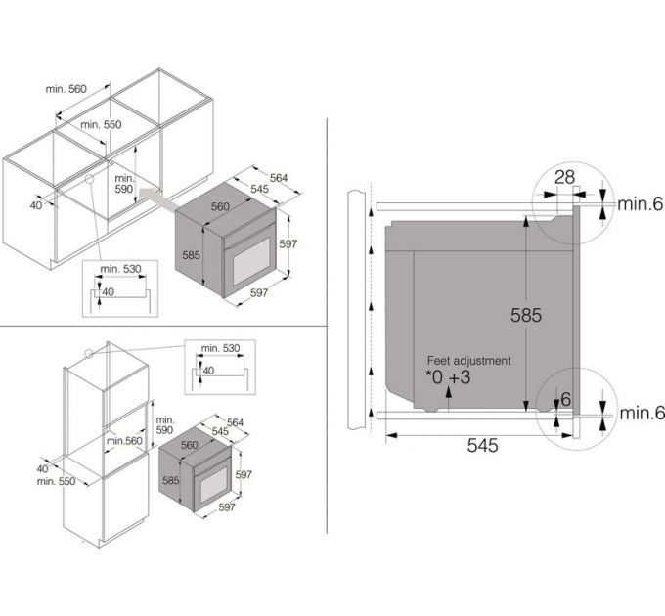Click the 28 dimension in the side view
(563, 177)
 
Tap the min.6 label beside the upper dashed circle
(641, 203)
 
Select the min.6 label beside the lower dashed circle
(641, 415)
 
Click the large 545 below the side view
(482, 445)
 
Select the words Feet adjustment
(462, 360)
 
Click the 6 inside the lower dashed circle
(565, 399)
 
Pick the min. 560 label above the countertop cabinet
(66, 89)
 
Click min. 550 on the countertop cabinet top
(101, 125)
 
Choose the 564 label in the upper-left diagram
(278, 177)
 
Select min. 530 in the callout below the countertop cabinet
(113, 269)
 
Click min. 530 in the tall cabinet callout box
(220, 349)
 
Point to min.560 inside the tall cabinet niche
(126, 441)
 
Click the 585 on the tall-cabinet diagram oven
(170, 481)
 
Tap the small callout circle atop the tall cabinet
(89, 356)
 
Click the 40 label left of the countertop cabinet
(36, 206)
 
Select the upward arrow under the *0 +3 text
(447, 393)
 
